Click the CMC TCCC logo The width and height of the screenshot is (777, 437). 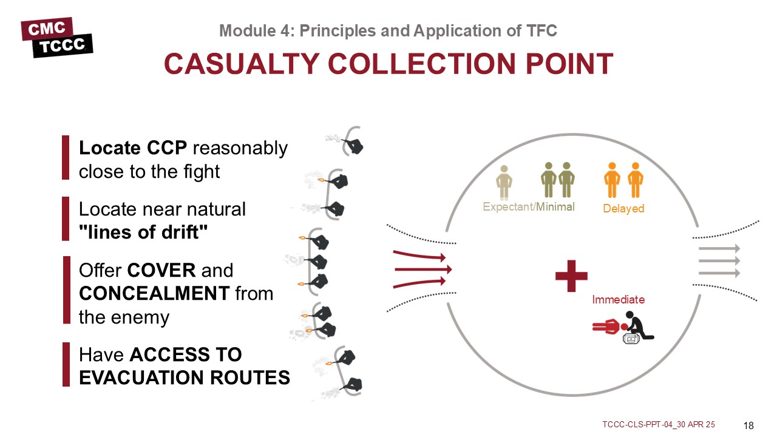click(56, 37)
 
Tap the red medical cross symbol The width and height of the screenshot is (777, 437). click(571, 276)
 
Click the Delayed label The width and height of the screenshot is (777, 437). click(623, 209)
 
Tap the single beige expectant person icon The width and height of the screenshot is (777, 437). click(504, 181)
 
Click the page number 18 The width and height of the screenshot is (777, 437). click(748, 425)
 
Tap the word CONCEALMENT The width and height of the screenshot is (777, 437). click(154, 294)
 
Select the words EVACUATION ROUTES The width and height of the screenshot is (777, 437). click(184, 378)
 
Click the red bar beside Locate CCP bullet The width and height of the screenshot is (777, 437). click(66, 158)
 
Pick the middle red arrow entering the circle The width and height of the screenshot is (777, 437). click(423, 269)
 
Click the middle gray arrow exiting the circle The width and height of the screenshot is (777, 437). click(719, 261)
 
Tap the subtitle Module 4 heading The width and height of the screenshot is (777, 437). click(388, 30)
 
